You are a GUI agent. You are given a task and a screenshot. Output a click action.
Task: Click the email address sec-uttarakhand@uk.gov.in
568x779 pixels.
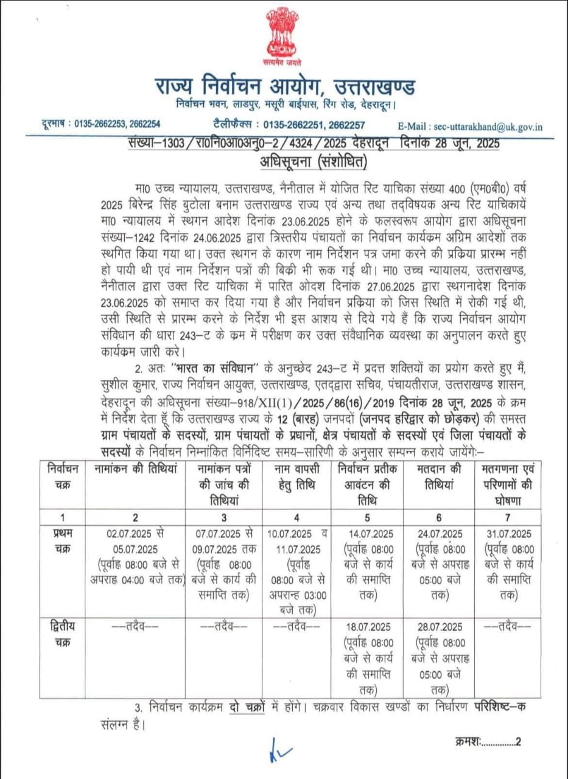488,127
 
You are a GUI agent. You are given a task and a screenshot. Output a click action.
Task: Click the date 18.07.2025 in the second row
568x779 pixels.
369,627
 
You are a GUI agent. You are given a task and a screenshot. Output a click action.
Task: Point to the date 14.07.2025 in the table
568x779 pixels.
369,534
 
